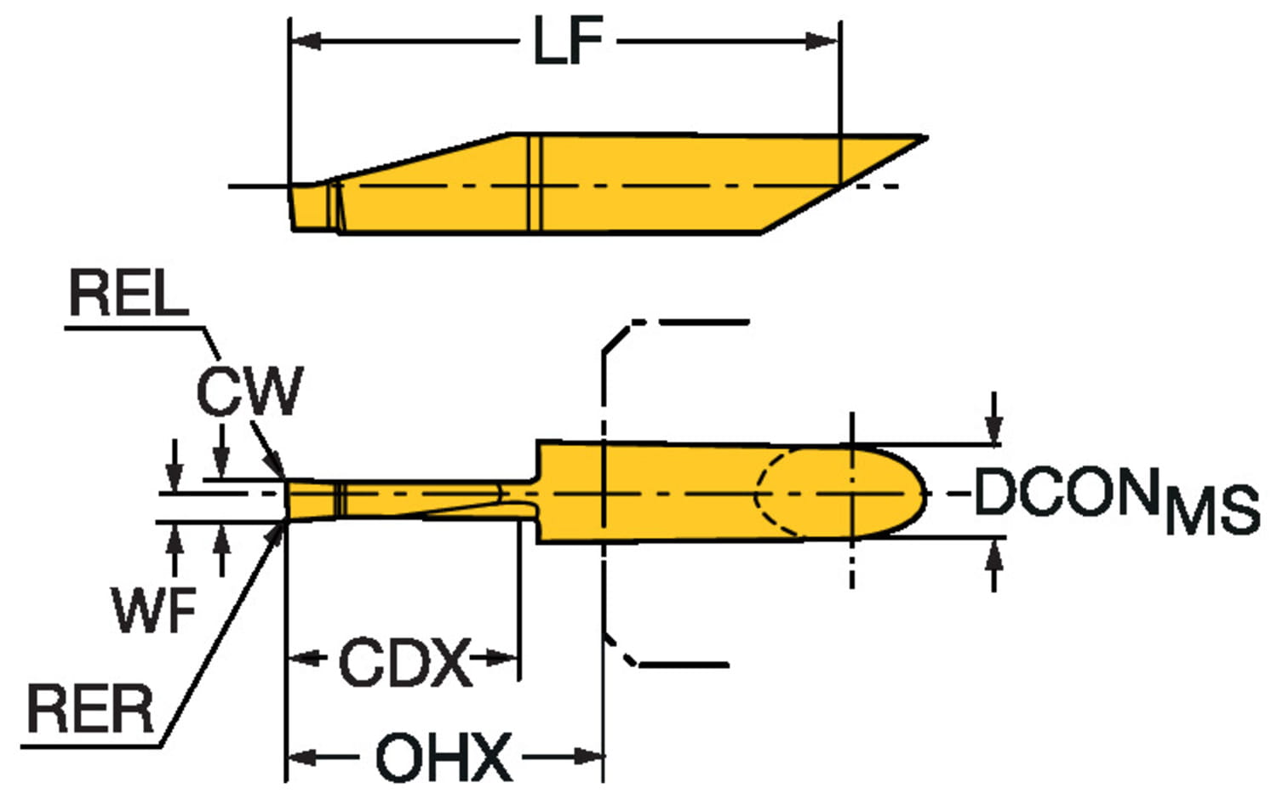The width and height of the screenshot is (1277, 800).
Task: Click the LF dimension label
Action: pos(568,41)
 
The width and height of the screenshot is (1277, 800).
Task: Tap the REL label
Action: pos(128,294)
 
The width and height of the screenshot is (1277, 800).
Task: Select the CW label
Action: pos(249,391)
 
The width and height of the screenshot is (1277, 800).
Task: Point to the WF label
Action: pos(154,609)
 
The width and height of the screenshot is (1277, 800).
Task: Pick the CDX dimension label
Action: pos(404,663)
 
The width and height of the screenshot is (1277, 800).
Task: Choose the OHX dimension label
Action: pos(444,757)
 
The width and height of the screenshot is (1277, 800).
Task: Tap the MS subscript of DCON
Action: pos(1212,511)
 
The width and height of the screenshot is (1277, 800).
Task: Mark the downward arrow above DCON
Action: pos(994,431)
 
